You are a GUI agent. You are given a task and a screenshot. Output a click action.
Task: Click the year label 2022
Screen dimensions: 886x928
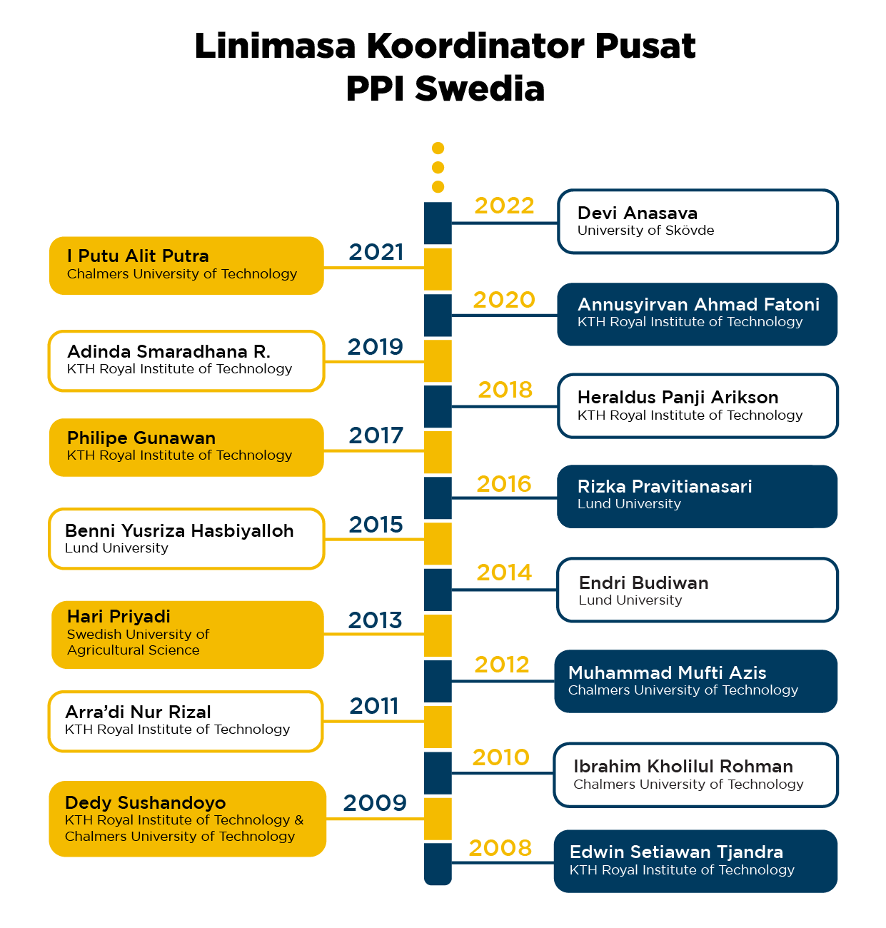click(x=504, y=206)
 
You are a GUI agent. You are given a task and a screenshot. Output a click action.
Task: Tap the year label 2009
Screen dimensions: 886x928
click(x=375, y=803)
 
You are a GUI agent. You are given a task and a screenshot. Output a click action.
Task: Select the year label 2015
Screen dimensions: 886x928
click(x=376, y=525)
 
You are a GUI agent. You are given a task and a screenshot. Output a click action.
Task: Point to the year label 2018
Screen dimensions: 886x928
click(x=505, y=390)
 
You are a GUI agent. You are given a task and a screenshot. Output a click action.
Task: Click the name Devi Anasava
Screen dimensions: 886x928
click(x=637, y=213)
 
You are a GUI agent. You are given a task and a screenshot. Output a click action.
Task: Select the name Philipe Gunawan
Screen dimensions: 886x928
click(x=141, y=438)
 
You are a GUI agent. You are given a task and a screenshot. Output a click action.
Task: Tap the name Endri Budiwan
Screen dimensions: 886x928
click(x=643, y=583)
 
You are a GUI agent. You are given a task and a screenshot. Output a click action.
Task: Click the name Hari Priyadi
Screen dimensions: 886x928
click(x=119, y=617)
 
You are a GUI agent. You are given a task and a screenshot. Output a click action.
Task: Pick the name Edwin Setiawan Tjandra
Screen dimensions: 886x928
click(x=676, y=852)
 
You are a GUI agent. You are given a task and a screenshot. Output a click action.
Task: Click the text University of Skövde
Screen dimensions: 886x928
click(x=645, y=231)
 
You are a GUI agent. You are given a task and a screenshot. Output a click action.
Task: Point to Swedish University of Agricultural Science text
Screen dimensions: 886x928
click(x=138, y=642)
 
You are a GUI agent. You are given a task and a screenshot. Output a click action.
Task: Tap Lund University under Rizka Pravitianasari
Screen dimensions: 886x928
click(x=629, y=504)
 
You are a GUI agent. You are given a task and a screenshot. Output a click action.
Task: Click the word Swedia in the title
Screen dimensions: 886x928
click(x=480, y=89)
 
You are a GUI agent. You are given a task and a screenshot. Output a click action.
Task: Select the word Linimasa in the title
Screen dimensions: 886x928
click(x=275, y=46)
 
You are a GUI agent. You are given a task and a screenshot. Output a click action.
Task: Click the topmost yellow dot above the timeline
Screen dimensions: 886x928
click(x=438, y=148)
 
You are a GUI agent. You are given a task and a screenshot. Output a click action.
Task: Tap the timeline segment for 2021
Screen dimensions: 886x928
click(x=438, y=269)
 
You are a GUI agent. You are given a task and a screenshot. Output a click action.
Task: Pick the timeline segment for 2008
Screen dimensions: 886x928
click(x=438, y=863)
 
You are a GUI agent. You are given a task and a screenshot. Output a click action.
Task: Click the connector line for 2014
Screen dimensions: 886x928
click(x=504, y=590)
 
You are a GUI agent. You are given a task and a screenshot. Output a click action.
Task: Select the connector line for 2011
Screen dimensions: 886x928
click(x=373, y=721)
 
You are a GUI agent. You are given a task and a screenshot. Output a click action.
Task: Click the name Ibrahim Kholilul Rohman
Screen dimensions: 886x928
click(x=683, y=767)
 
